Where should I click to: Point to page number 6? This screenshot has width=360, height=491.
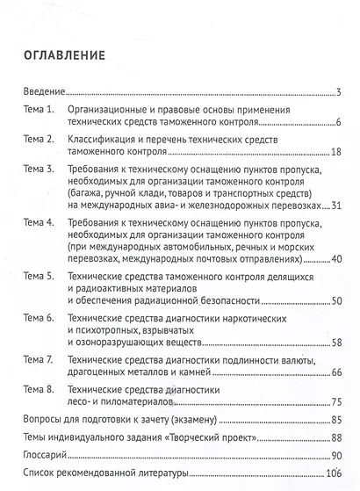pos(337,121)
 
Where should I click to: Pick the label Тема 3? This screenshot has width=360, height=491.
pos(39,169)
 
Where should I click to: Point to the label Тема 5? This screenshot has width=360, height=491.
pos(39,278)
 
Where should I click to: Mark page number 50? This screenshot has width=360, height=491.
pos(335,302)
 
